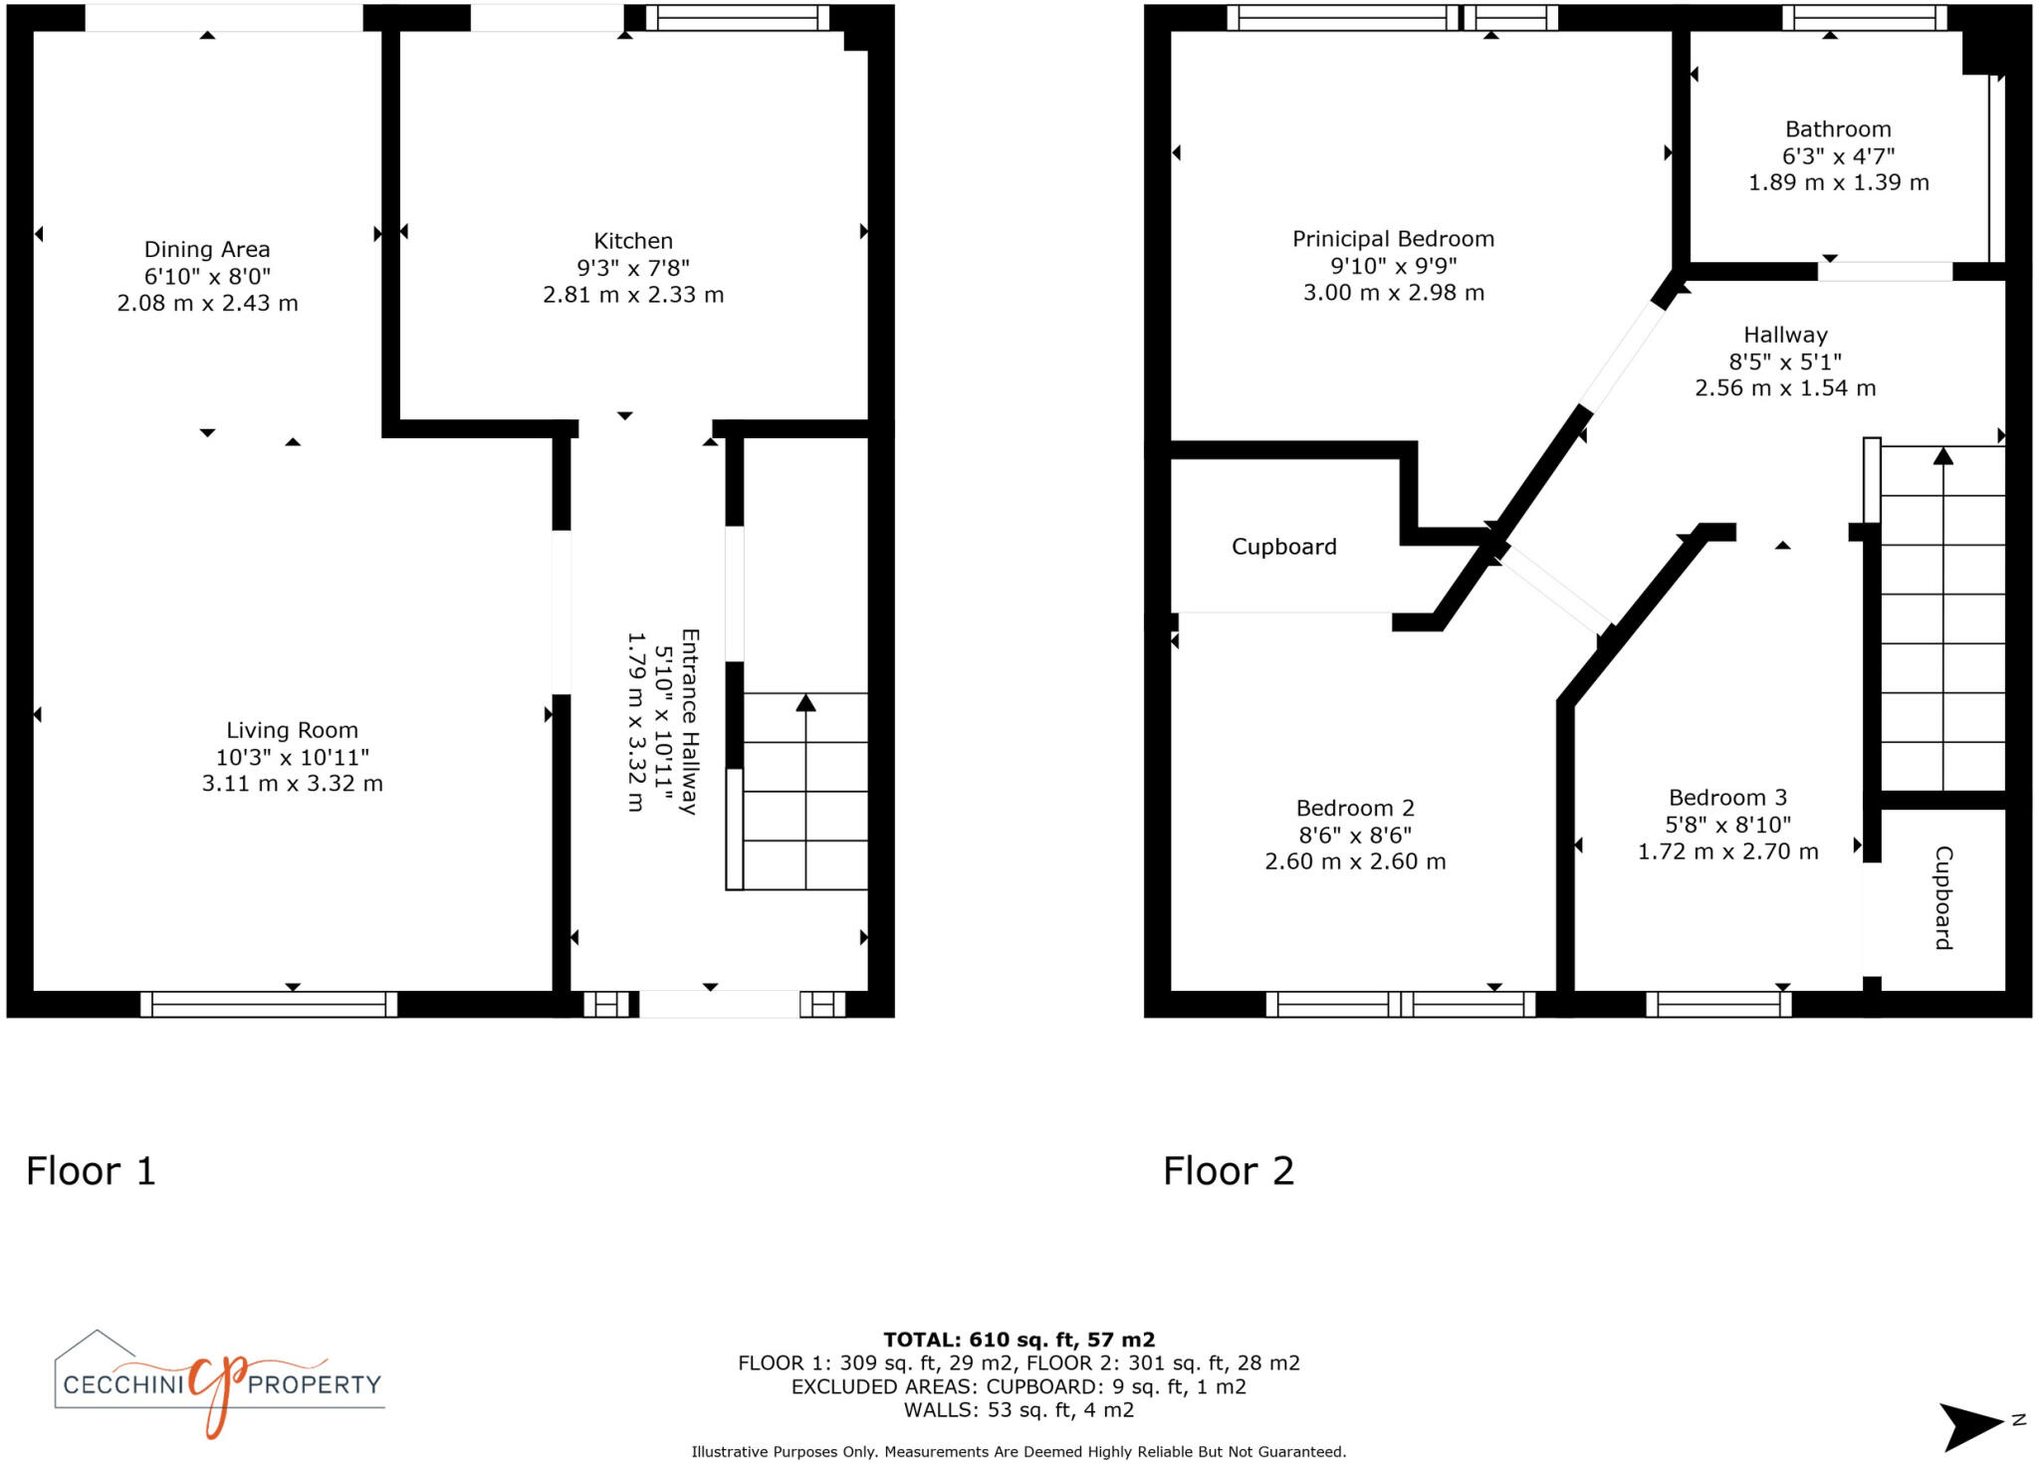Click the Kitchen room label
tap(633, 241)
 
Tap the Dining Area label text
tap(207, 249)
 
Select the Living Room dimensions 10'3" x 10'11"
tap(292, 757)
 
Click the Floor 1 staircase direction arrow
tap(805, 703)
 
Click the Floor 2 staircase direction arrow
tap(1942, 456)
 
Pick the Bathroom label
tap(1838, 129)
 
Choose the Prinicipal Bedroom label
tap(1393, 239)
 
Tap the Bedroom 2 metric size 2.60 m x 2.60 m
tap(1355, 861)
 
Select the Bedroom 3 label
tap(1727, 798)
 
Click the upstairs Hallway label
tap(1785, 335)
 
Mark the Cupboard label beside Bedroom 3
tap(1942, 897)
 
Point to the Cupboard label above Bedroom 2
tap(1283, 547)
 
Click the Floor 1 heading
tap(91, 1171)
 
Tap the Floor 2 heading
tap(1228, 1171)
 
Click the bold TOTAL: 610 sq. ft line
tap(1019, 1340)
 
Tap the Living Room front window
tap(269, 1004)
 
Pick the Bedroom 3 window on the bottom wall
tap(1718, 1004)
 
